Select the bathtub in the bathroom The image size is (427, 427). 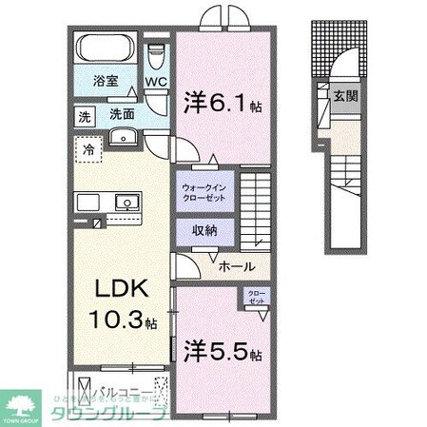pyautogui.click(x=105, y=48)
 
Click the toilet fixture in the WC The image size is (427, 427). pyautogui.click(x=157, y=55)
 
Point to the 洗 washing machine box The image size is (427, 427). pyautogui.click(x=84, y=115)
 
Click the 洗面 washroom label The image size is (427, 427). pyautogui.click(x=121, y=114)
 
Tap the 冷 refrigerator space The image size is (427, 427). pyautogui.click(x=87, y=149)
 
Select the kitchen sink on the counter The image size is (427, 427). pyautogui.click(x=125, y=202)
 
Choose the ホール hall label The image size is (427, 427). pyautogui.click(x=235, y=268)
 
